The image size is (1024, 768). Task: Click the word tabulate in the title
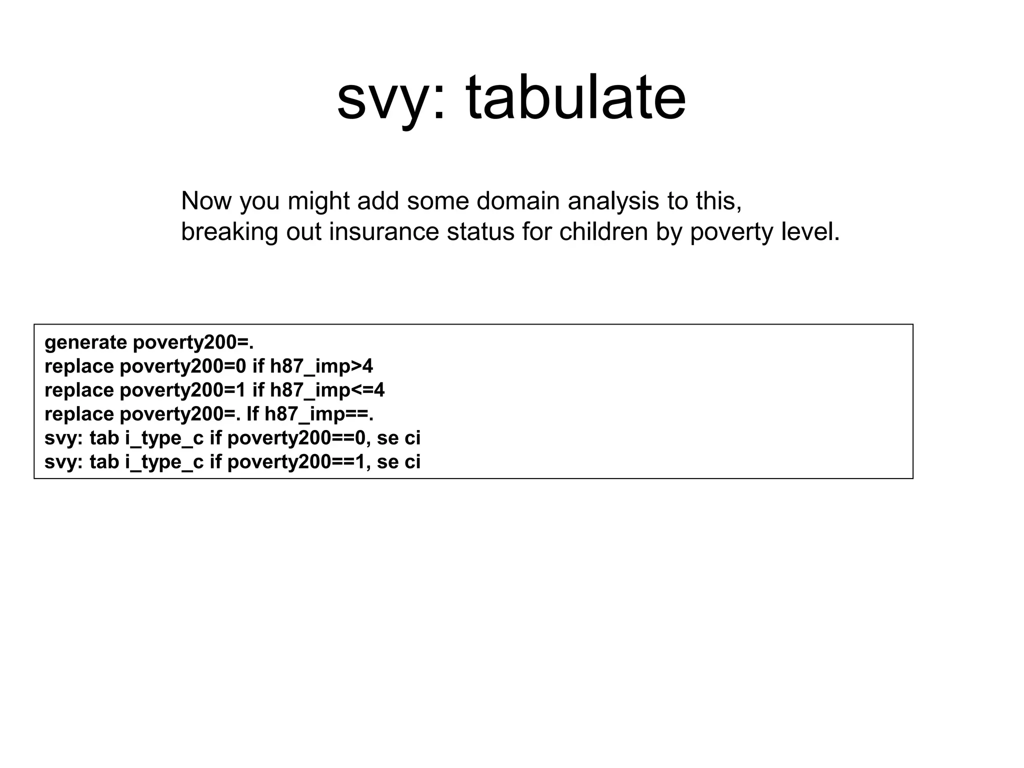pos(576,97)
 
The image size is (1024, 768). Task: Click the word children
pos(603,232)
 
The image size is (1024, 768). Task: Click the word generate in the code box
pos(85,343)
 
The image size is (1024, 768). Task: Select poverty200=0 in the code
pos(183,367)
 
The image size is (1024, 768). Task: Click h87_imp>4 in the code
pos(321,367)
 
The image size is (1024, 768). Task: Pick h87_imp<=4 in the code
pos(327,390)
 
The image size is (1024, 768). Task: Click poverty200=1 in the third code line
pos(183,390)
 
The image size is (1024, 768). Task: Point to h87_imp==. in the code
pos(319,414)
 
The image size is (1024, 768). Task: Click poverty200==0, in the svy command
pos(299,438)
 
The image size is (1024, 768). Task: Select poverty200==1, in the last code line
pos(299,462)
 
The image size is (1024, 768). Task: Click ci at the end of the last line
pos(412,462)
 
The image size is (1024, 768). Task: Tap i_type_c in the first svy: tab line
pos(164,438)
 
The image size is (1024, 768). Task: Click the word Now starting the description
pos(206,201)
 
